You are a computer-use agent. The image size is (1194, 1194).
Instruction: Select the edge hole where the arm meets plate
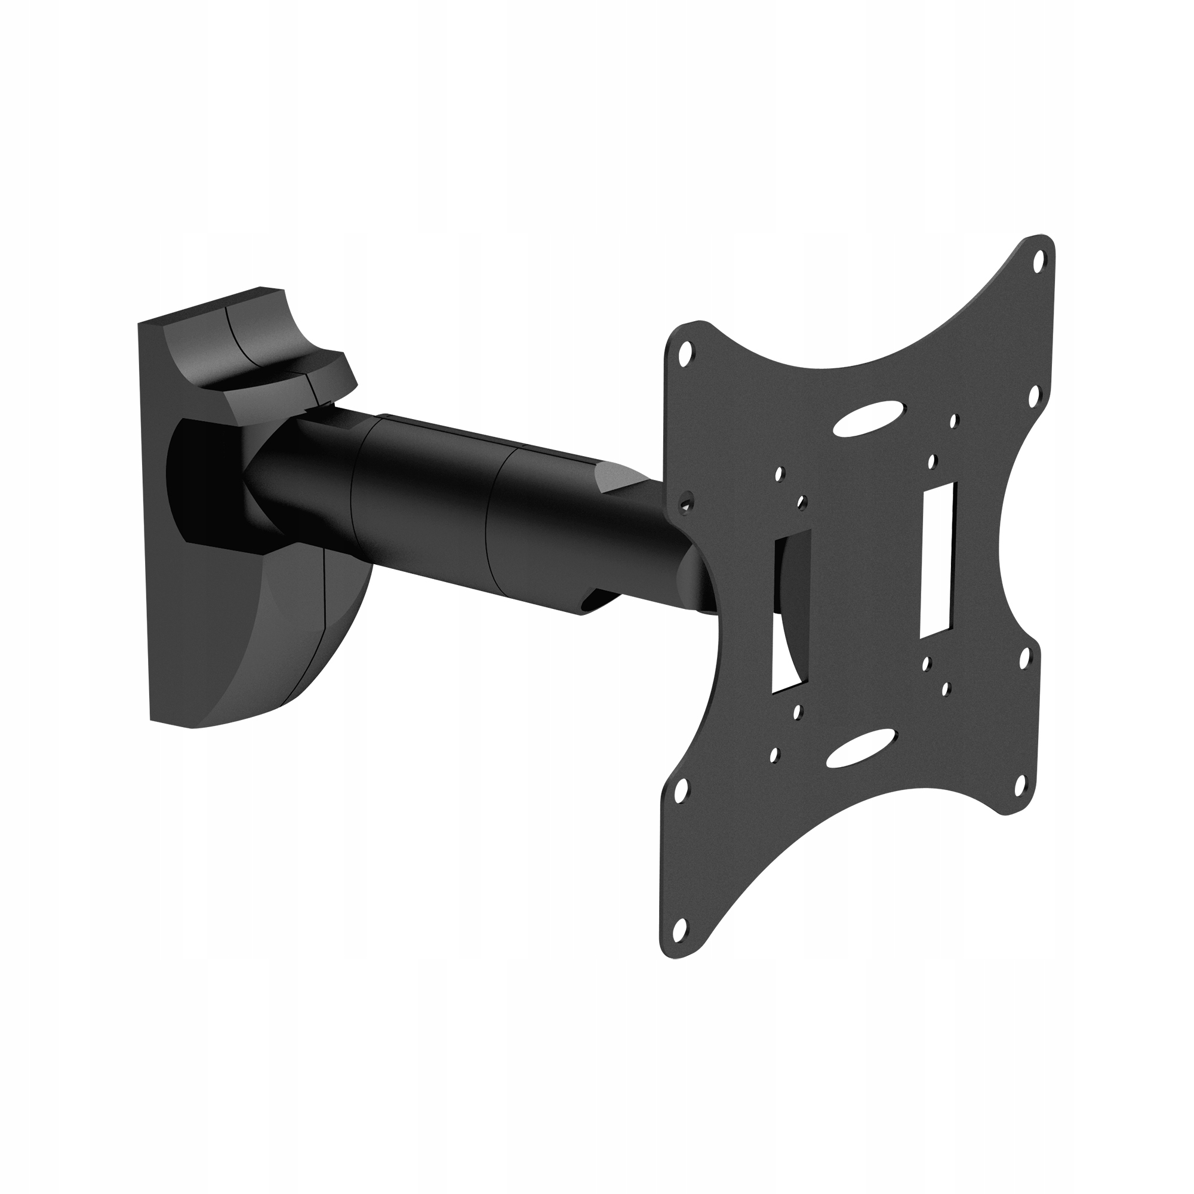(684, 504)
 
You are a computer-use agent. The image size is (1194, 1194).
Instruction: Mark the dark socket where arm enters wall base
(204, 482)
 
